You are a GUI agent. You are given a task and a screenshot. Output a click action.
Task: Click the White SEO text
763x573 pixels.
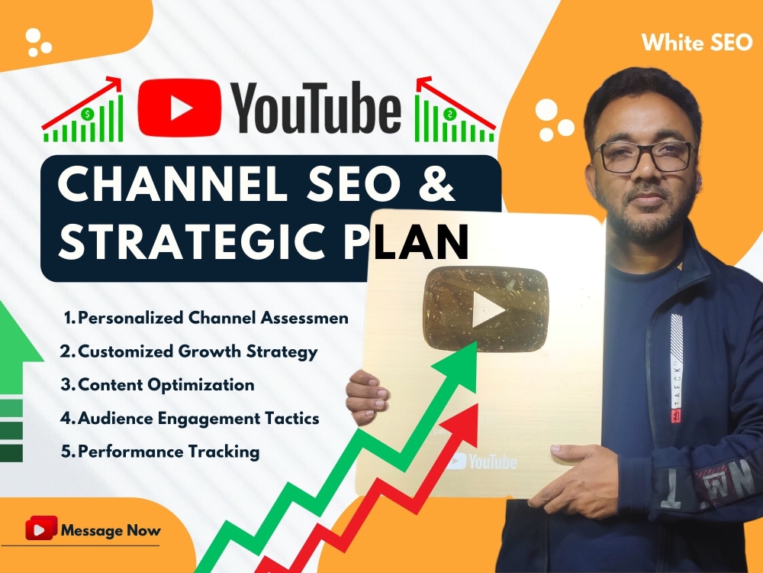point(697,43)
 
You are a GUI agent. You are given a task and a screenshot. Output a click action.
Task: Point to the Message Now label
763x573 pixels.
point(110,529)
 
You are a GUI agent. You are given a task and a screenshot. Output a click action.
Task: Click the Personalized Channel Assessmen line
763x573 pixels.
point(206,318)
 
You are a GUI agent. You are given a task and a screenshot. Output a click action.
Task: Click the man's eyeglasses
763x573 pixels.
point(645,157)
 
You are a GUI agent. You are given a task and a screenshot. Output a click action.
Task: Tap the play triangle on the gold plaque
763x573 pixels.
point(487,309)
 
